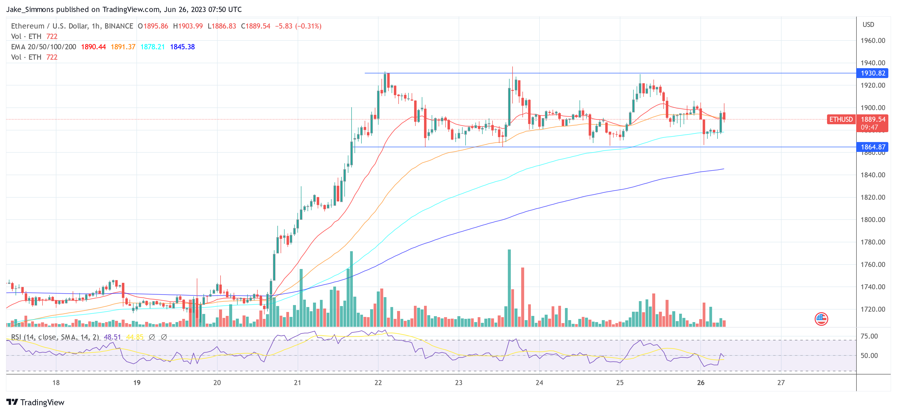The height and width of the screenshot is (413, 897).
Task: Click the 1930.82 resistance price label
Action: click(873, 73)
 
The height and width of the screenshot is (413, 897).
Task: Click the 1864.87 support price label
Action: click(873, 147)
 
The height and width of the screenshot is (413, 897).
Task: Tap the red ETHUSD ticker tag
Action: click(841, 119)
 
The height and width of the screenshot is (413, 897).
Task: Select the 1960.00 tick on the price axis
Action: click(873, 40)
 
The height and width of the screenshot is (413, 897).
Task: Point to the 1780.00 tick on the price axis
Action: click(873, 242)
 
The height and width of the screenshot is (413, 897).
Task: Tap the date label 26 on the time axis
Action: click(701, 383)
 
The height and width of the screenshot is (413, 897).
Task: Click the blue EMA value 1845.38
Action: click(182, 47)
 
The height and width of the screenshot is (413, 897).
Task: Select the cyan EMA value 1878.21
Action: click(153, 47)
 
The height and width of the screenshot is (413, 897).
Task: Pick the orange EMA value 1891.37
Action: click(123, 47)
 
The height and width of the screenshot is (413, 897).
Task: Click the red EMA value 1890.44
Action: click(93, 47)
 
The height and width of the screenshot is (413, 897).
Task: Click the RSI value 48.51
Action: click(112, 337)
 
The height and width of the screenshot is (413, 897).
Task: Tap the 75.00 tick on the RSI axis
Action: click(869, 336)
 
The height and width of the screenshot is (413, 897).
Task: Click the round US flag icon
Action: click(821, 318)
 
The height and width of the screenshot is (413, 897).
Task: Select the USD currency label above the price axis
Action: click(868, 25)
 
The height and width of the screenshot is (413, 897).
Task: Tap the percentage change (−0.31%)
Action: click(308, 26)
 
